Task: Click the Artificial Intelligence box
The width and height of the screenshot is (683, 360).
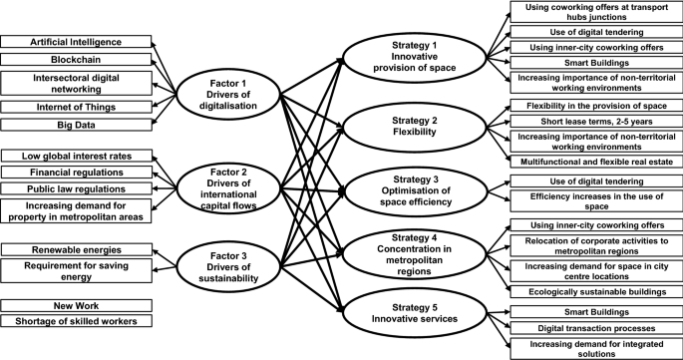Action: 76,42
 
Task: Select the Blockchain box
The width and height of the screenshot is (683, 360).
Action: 76,59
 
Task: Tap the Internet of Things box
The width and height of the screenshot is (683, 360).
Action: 76,107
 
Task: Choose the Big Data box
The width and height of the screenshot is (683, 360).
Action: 76,125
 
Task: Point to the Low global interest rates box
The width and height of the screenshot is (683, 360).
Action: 76,156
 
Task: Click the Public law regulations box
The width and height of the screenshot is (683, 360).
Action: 76,187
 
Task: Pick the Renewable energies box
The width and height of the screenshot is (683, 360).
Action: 76,248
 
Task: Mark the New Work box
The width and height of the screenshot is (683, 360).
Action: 76,304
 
